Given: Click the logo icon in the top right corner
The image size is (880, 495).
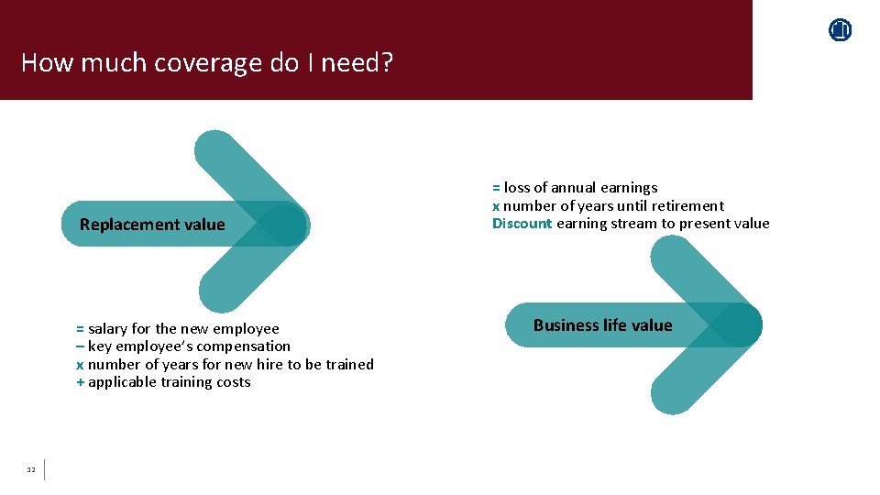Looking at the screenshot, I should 840,30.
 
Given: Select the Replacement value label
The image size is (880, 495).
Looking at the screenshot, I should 152,225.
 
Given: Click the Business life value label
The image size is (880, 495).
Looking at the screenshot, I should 602,325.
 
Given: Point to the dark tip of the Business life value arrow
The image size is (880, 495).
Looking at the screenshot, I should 740,325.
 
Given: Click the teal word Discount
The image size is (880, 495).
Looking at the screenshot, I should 522,224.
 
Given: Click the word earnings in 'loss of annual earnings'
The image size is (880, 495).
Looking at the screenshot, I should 629,188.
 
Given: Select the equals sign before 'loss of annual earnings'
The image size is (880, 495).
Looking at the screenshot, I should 496,188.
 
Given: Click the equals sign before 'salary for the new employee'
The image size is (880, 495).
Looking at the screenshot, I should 80,329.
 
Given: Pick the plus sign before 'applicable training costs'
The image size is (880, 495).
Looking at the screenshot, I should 80,382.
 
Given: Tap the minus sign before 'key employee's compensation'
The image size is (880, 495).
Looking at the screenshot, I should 80,346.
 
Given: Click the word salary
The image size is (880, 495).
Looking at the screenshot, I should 107,329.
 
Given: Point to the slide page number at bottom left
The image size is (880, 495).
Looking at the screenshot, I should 30,470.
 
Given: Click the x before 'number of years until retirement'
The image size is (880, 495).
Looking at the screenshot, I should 496,206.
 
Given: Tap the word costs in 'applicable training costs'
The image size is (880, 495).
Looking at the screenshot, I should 233,382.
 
